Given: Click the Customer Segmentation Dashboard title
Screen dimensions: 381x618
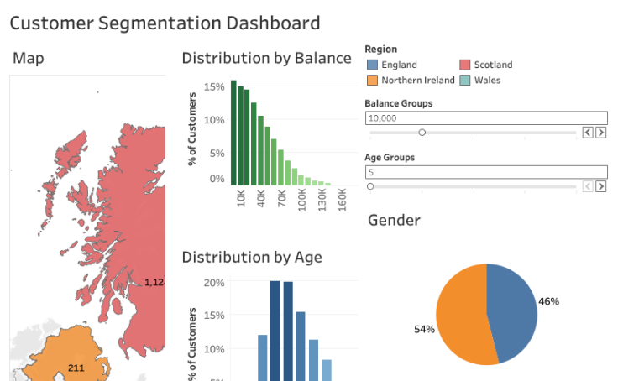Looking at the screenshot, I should point(165,23).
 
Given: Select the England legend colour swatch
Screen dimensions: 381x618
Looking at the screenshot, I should point(372,65).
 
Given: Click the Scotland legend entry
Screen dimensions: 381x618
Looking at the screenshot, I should point(492,65).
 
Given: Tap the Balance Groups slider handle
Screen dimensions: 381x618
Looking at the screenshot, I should point(422,133).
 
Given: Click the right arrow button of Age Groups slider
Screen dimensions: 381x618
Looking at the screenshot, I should point(600,186).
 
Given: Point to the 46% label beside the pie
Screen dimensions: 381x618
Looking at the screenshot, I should point(548,301).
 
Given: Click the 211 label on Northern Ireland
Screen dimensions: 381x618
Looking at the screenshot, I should point(76,368).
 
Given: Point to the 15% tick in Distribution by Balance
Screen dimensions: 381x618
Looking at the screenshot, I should point(214,86).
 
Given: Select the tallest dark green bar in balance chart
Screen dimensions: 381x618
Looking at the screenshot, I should point(233,133).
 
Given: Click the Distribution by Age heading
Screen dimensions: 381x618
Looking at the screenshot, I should point(252,257).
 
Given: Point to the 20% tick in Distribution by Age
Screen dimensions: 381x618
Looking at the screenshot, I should point(214,283).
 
